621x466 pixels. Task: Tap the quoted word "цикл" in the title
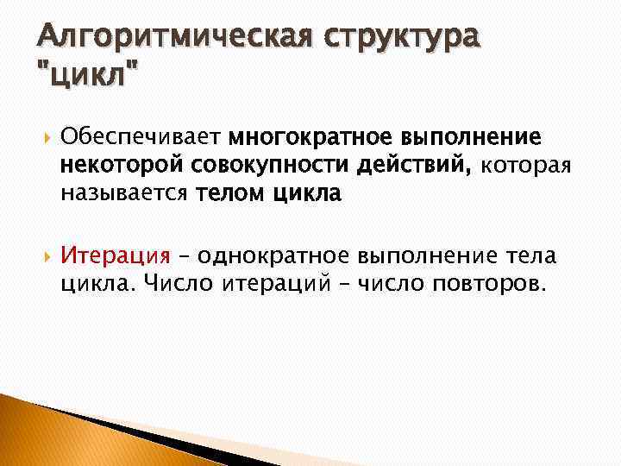coord(83,77)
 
